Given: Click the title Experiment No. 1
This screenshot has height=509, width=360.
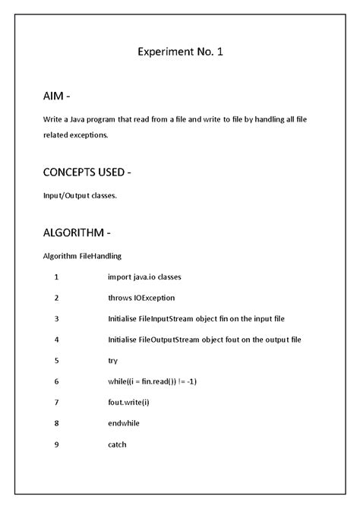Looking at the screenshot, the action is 181,52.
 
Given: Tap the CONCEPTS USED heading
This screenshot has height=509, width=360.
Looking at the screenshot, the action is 87,172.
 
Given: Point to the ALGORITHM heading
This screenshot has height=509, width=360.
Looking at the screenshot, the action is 77,232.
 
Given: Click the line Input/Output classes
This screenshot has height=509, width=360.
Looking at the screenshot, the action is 79,195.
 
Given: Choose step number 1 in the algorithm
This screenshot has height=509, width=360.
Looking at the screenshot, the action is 56,277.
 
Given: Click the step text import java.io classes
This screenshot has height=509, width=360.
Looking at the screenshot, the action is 144,277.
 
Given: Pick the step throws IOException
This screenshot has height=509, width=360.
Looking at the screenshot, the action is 141,298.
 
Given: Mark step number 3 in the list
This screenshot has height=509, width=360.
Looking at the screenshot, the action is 56,318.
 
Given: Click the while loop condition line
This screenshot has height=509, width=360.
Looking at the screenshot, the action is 153,381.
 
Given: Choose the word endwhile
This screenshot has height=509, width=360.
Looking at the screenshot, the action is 124,423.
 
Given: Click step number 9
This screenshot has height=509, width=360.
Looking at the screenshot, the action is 56,444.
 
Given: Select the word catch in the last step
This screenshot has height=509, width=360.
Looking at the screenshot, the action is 117,444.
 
